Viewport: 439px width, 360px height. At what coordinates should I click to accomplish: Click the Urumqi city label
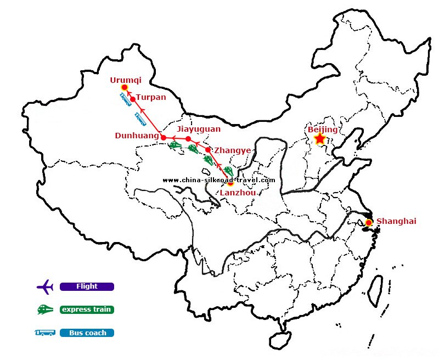[x=126, y=80]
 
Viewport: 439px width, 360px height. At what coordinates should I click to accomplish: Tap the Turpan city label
[x=150, y=97]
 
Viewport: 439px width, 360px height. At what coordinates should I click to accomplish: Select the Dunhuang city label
[x=137, y=135]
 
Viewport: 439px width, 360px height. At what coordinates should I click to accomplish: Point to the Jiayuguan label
[x=199, y=129]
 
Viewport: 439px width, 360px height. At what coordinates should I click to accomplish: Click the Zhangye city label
[x=233, y=150]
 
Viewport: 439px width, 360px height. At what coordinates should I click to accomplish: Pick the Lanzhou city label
[x=237, y=193]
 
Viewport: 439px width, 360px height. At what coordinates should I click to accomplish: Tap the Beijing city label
[x=323, y=130]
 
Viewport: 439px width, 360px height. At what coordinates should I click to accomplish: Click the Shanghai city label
[x=396, y=221]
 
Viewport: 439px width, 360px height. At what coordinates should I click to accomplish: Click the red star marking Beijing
[x=320, y=139]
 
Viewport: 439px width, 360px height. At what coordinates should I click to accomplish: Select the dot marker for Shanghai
[x=369, y=223]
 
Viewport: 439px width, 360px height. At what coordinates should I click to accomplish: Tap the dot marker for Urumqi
[x=125, y=88]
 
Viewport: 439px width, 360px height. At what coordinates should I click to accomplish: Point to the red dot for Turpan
[x=133, y=99]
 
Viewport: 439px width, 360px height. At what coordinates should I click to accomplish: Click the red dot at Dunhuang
[x=164, y=137]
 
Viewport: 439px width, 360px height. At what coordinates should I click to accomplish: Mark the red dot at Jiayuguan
[x=188, y=139]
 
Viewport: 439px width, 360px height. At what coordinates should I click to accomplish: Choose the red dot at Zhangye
[x=208, y=150]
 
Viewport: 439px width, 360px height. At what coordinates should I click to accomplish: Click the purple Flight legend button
[x=87, y=286]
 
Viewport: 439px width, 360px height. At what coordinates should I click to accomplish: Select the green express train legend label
[x=87, y=310]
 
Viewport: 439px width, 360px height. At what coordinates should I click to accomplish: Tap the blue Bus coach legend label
[x=87, y=333]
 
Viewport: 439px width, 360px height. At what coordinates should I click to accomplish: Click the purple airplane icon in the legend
[x=44, y=286]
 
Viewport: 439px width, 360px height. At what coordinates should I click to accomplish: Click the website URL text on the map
[x=219, y=180]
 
